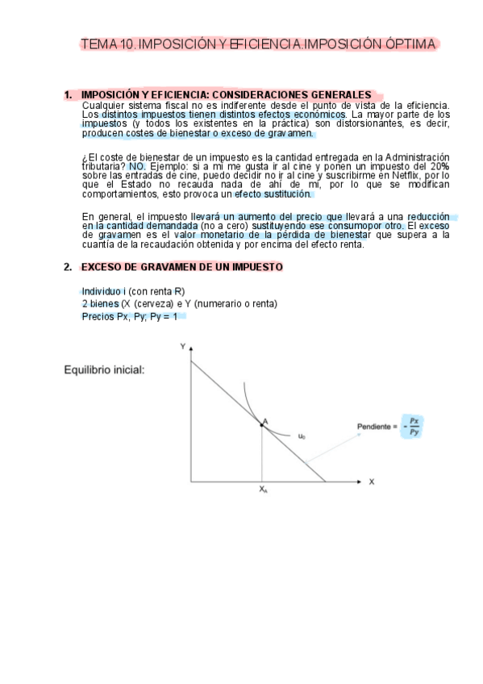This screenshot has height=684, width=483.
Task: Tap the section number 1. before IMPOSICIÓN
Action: click(x=68, y=94)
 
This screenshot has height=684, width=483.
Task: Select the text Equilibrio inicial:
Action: click(x=104, y=370)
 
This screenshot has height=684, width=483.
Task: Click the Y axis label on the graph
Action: click(x=182, y=346)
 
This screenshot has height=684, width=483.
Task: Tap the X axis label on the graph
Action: click(x=372, y=482)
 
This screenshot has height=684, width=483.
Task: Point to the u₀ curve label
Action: click(x=302, y=436)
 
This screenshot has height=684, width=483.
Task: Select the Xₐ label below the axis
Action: click(x=263, y=490)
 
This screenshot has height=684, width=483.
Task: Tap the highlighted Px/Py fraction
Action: click(x=414, y=427)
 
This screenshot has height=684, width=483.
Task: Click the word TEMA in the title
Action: click(x=99, y=44)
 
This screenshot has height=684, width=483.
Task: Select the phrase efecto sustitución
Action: click(x=272, y=194)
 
